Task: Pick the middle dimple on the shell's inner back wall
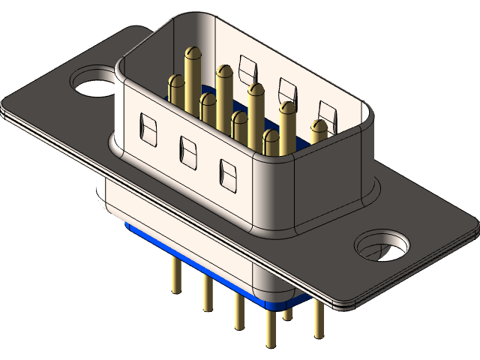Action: [x=286, y=90]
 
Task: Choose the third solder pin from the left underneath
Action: [x=238, y=312]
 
